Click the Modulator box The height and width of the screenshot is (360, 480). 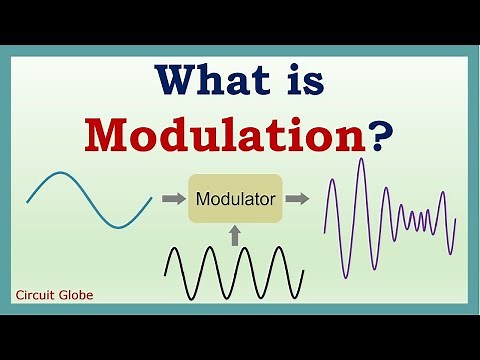point(235,199)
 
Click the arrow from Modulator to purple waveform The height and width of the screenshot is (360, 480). point(297,199)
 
